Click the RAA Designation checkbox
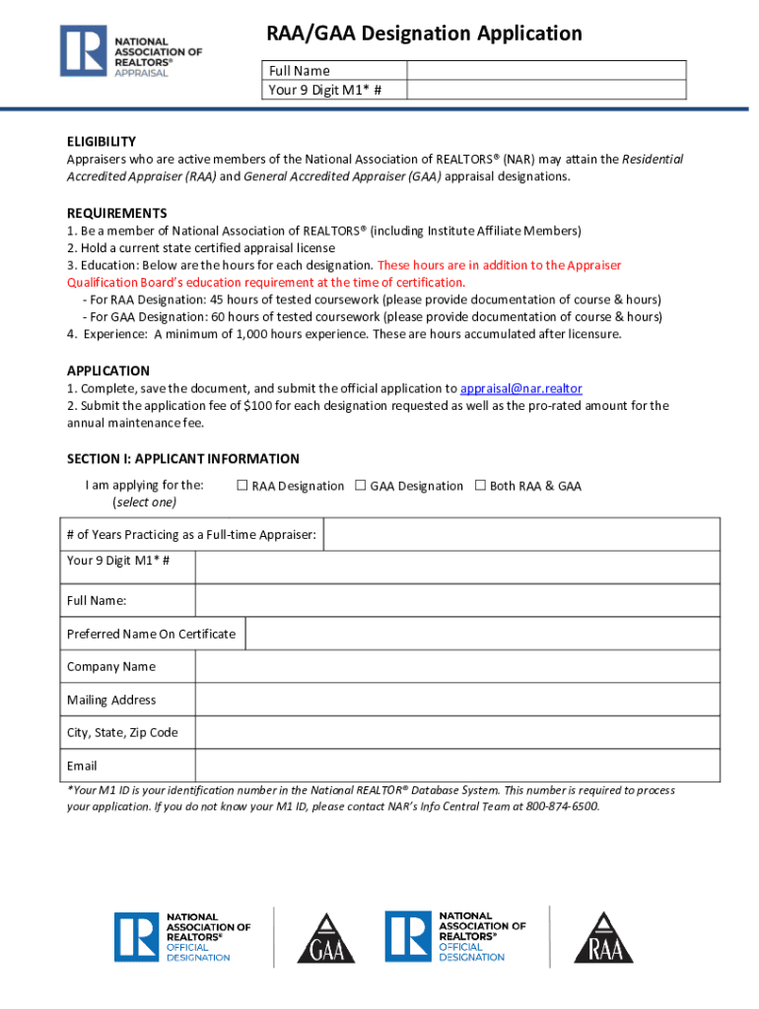pyautogui.click(x=242, y=485)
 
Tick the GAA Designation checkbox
pyautogui.click(x=361, y=485)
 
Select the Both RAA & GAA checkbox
pyautogui.click(x=481, y=485)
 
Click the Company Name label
pyautogui.click(x=111, y=667)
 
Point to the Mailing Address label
pyautogui.click(x=111, y=700)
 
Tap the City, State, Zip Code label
pyautogui.click(x=122, y=733)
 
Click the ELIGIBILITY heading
pyautogui.click(x=102, y=141)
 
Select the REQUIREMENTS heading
pyautogui.click(x=116, y=213)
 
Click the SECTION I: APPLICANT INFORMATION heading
pyautogui.click(x=183, y=458)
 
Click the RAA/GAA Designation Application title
pyautogui.click(x=425, y=34)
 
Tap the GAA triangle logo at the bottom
pyautogui.click(x=326, y=939)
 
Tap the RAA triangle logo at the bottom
pyautogui.click(x=602, y=939)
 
